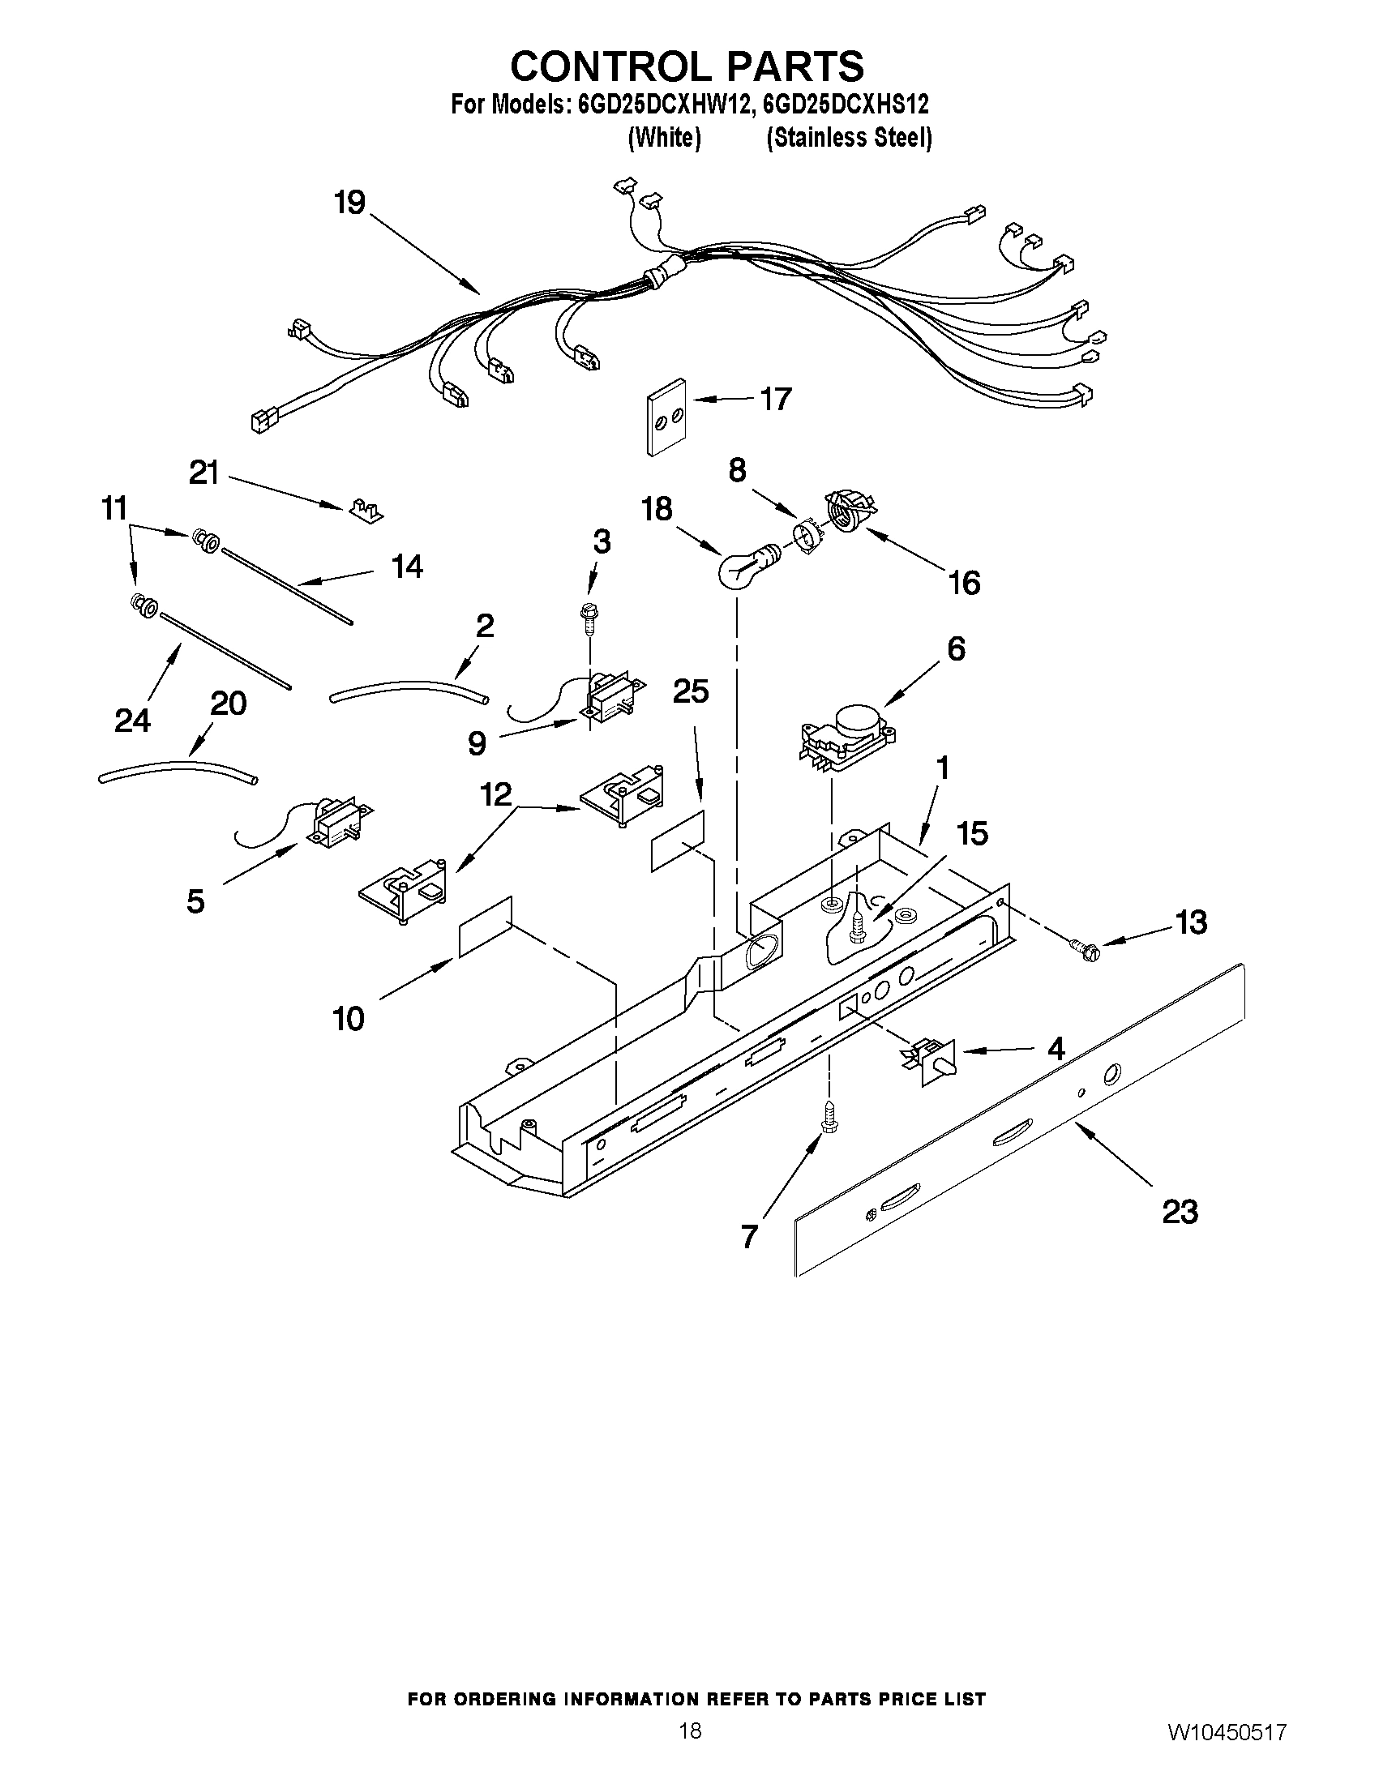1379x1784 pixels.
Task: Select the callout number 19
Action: (x=349, y=202)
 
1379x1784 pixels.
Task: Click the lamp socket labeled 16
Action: (x=847, y=512)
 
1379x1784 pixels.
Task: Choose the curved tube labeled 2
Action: (x=409, y=687)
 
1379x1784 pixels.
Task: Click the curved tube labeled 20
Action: (x=178, y=770)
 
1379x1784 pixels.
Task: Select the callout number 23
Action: (x=1180, y=1212)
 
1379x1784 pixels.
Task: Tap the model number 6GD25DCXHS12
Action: (x=844, y=105)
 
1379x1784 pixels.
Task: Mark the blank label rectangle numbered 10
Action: (x=486, y=926)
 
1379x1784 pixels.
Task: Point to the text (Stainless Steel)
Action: (x=849, y=138)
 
